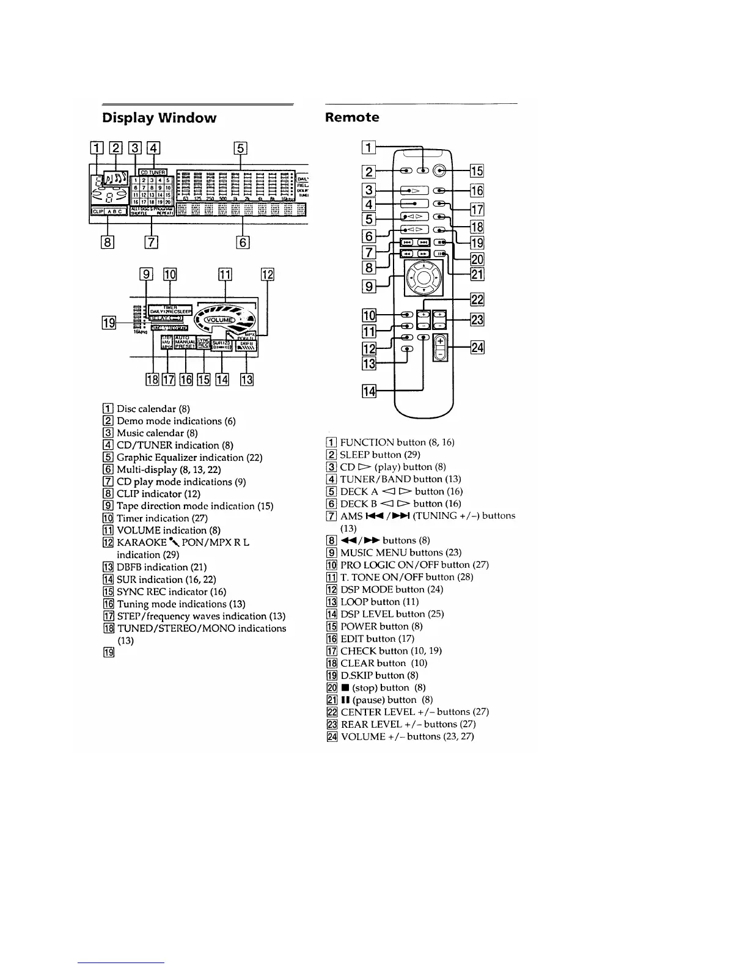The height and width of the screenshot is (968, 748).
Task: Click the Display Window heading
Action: pyautogui.click(x=159, y=118)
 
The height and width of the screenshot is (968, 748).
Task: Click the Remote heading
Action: pyautogui.click(x=352, y=117)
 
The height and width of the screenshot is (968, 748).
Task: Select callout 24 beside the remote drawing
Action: pyautogui.click(x=477, y=348)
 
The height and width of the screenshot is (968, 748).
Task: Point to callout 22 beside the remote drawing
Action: pyautogui.click(x=477, y=299)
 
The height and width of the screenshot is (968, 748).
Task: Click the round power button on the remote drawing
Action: pyautogui.click(x=443, y=171)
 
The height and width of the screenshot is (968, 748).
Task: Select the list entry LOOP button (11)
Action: pyautogui.click(x=379, y=602)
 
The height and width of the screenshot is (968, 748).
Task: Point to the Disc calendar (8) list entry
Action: pyautogui.click(x=147, y=409)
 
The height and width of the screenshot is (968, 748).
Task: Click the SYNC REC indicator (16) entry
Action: pyautogui.click(x=171, y=592)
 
